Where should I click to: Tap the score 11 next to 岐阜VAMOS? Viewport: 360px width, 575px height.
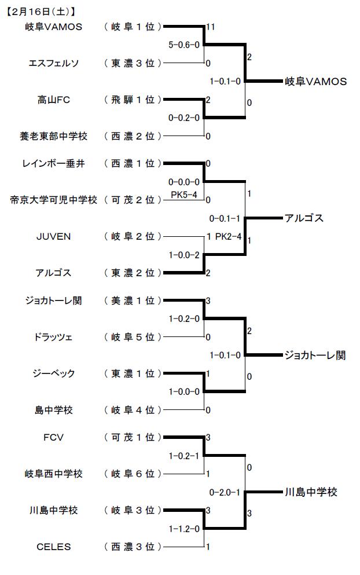point(210,27)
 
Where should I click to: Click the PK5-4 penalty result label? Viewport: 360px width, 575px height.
point(184,194)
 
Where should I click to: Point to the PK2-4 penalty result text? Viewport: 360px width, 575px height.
point(228,236)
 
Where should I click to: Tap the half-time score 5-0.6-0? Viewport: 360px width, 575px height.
point(184,45)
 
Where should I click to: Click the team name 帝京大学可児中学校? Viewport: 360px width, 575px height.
point(53,200)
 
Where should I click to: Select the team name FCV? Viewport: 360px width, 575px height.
point(53,437)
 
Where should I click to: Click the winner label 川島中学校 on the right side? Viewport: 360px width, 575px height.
point(310,492)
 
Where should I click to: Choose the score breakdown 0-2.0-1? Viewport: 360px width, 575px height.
point(225,492)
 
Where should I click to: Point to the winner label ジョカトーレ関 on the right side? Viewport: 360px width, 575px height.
point(315,355)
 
